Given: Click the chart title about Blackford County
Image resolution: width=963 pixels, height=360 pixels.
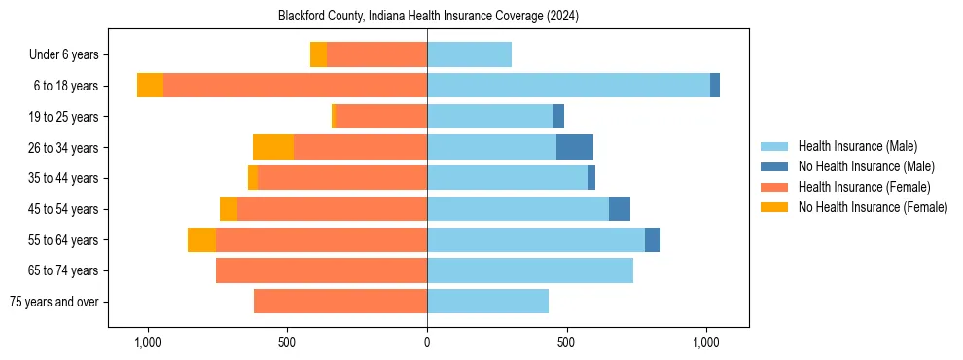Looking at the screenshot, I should click(x=427, y=17).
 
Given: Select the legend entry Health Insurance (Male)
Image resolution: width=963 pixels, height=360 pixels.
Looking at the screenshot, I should click(x=857, y=146).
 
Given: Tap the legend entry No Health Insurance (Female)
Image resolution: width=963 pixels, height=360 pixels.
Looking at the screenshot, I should click(x=873, y=207).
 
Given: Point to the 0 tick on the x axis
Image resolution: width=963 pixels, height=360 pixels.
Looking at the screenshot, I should click(x=427, y=342).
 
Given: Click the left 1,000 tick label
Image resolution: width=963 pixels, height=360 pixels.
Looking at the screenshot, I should click(x=148, y=342).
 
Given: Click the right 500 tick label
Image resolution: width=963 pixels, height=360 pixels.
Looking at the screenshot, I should click(x=566, y=342).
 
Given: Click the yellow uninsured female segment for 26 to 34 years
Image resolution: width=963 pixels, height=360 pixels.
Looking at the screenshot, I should click(x=273, y=147).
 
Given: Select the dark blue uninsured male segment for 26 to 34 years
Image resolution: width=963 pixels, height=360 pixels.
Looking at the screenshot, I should click(x=575, y=147).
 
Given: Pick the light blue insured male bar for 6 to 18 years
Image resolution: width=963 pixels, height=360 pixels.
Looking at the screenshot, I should click(x=568, y=86).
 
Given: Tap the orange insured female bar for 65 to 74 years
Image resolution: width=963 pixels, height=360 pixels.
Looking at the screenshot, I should click(x=321, y=270).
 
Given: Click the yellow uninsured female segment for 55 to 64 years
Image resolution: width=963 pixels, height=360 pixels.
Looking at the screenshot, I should click(x=201, y=239).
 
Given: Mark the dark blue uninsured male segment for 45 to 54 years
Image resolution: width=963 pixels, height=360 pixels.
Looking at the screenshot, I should click(x=620, y=209).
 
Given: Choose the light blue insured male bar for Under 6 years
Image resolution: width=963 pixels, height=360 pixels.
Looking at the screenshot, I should click(x=469, y=54).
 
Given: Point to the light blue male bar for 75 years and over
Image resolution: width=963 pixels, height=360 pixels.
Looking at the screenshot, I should click(x=487, y=302).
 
